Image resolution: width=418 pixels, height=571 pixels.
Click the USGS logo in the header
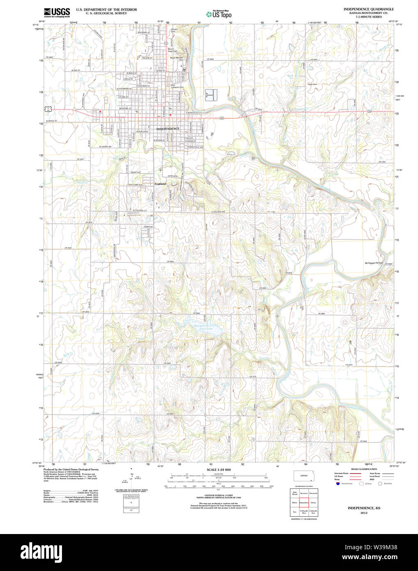click(57, 12)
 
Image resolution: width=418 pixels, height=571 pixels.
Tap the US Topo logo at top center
click(218, 14)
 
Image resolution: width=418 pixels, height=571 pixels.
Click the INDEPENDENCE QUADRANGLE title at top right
click(368, 9)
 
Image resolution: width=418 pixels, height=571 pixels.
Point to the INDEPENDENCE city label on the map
click(168, 129)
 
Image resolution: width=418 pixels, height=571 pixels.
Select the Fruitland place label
click(160, 184)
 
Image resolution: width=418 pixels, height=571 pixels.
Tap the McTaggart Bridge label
click(374, 263)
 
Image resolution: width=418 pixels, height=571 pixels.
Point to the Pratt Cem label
click(312, 84)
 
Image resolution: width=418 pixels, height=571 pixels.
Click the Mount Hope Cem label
click(172, 50)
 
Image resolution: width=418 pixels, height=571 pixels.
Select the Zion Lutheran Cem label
click(177, 86)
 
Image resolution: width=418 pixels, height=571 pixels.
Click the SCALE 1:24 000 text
click(218, 470)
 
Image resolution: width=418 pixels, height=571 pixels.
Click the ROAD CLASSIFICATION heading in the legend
click(364, 469)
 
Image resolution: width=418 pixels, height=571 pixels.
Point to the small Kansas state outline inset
click(304, 476)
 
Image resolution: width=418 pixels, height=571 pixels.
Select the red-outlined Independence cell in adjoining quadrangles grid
click(304, 502)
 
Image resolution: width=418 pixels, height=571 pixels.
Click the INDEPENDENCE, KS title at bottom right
click(364, 508)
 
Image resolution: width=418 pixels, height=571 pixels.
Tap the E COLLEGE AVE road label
click(218, 212)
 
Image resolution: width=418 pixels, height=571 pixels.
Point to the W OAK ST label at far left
click(75, 70)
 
